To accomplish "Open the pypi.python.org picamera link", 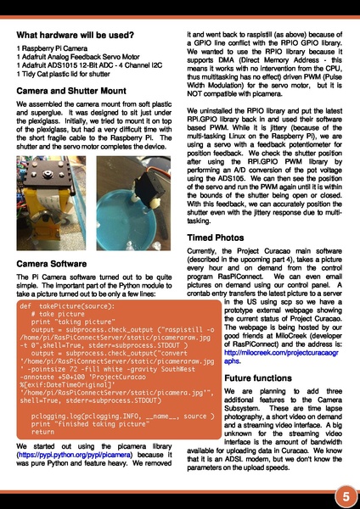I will click(88, 455).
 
